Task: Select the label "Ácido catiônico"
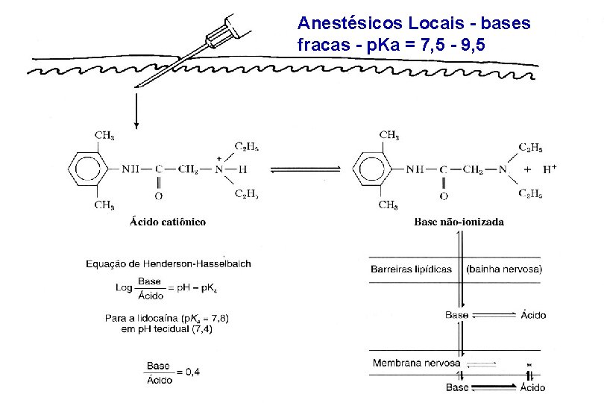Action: [x=168, y=222]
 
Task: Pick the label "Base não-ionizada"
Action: [x=459, y=222]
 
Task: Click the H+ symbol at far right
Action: [x=550, y=169]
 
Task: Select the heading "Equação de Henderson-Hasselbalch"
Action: [x=169, y=263]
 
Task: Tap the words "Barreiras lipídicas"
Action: [x=411, y=269]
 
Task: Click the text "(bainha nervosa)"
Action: [x=504, y=269]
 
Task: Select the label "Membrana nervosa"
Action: [x=415, y=363]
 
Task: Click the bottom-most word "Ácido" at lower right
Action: [x=532, y=387]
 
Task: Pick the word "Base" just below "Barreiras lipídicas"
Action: [x=456, y=316]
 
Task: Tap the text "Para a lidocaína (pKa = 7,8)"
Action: [x=167, y=319]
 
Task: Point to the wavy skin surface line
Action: [x=283, y=70]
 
